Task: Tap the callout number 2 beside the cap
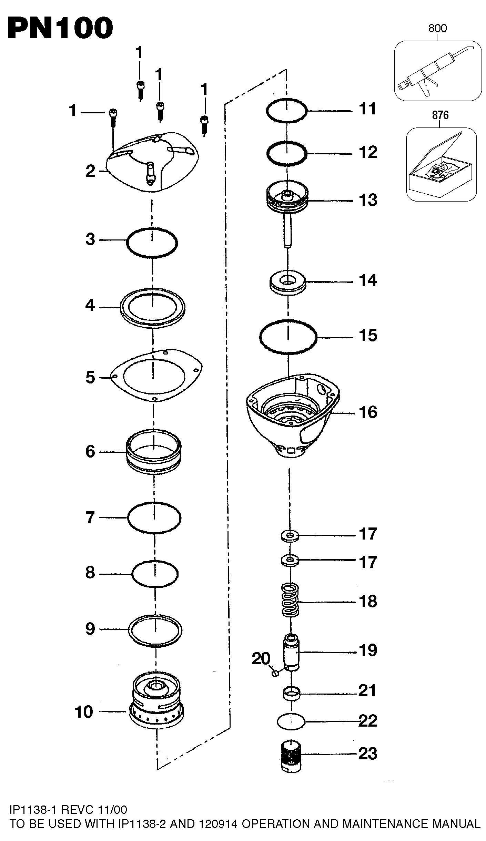[90, 171]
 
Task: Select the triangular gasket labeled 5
[155, 376]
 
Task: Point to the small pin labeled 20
[275, 673]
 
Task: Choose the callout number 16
[368, 412]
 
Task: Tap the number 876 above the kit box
[440, 115]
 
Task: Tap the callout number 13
[368, 200]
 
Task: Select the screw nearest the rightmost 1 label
[204, 125]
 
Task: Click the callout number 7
[90, 517]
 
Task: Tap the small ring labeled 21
[292, 693]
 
